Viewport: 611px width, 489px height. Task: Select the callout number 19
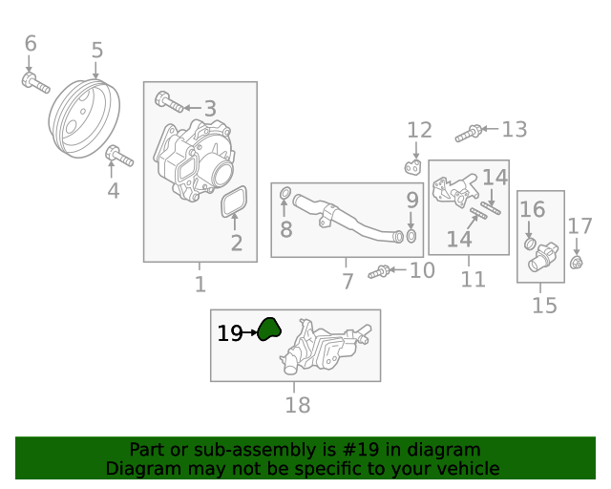[229, 333]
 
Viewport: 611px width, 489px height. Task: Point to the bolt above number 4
[119, 154]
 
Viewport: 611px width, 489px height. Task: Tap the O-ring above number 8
[285, 197]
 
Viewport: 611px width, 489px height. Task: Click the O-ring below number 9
[411, 235]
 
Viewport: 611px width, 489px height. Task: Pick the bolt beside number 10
[381, 272]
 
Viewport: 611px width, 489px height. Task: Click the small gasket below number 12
[413, 168]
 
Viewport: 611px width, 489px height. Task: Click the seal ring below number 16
[531, 244]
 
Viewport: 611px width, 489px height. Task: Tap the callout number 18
[298, 405]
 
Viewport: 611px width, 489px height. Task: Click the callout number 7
[348, 282]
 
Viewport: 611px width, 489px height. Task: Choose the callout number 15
[544, 306]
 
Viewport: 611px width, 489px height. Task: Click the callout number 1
[200, 284]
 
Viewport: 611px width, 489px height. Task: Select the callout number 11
[473, 280]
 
